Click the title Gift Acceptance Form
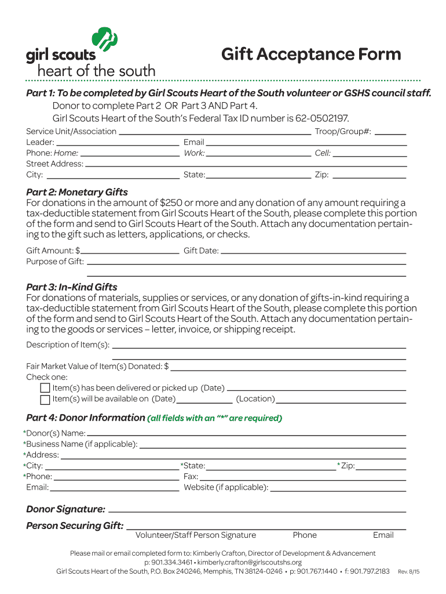tap(311, 55)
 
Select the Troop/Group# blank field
tap(390, 133)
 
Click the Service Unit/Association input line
tap(214, 133)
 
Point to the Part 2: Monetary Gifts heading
tap(77, 192)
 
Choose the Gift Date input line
tap(313, 252)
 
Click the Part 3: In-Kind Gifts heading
tap(72, 287)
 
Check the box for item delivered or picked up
tap(45, 388)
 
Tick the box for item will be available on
tap(45, 399)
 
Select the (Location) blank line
tap(341, 400)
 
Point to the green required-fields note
tap(215, 418)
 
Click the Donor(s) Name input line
tap(246, 434)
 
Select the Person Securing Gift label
tap(75, 526)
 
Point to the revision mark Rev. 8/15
tap(408, 572)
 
